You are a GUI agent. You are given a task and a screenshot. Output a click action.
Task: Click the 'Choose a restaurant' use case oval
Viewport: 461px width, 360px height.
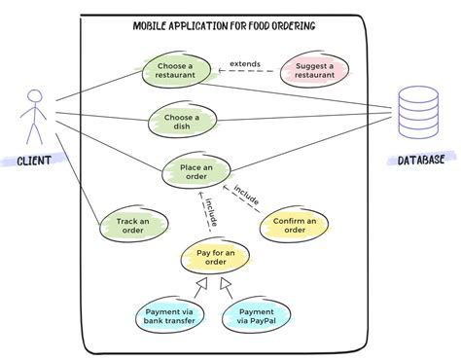pos(176,71)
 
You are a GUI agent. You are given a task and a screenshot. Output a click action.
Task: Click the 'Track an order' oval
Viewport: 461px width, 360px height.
pos(132,227)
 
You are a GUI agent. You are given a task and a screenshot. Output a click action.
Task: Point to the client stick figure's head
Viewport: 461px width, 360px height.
pos(36,96)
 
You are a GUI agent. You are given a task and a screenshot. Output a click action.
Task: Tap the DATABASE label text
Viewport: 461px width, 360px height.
pos(421,160)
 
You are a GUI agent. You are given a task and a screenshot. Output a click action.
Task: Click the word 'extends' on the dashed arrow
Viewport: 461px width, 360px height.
pos(244,65)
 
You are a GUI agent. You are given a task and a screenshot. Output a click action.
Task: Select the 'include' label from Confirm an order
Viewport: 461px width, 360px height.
pos(246,193)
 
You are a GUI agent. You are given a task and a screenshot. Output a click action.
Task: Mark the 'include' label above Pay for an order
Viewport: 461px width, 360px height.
pos(210,213)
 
